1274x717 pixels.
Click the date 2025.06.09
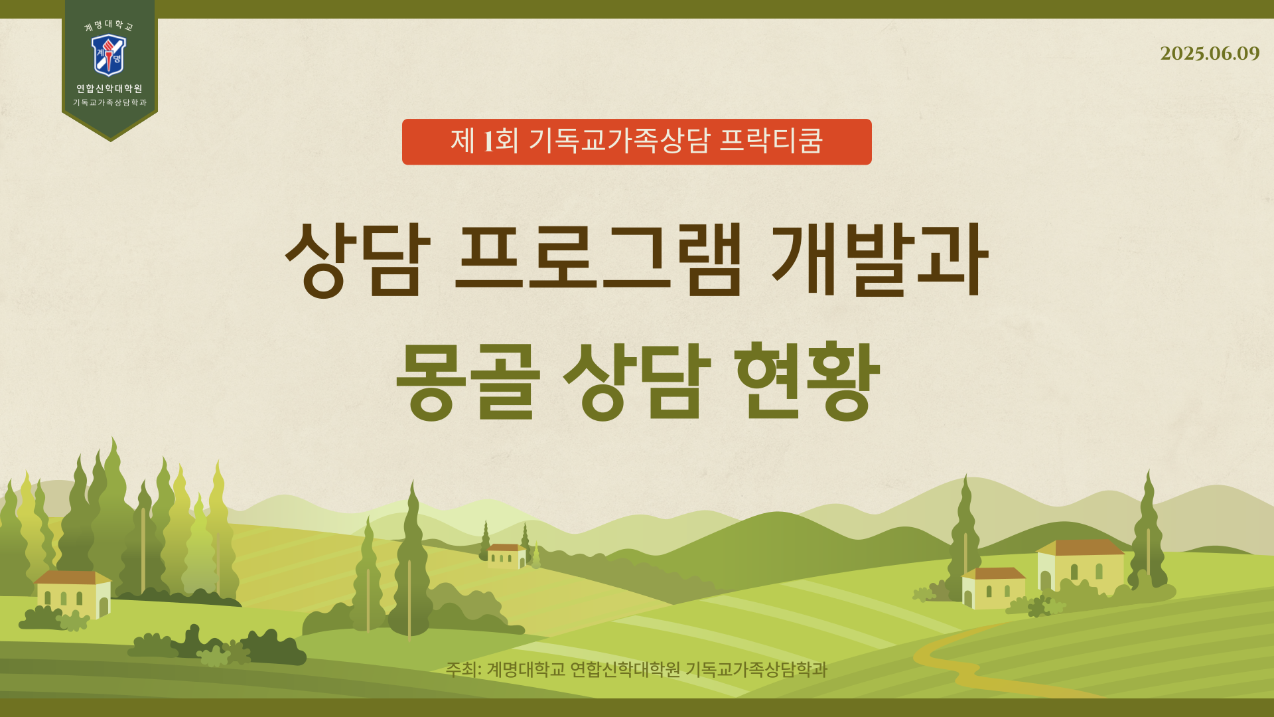tap(1209, 54)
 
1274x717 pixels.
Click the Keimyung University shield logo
tap(109, 55)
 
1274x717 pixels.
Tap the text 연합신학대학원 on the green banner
tap(109, 88)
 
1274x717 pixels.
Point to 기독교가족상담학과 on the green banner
tap(109, 103)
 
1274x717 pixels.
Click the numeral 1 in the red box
tap(488, 141)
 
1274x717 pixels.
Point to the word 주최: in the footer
tap(463, 669)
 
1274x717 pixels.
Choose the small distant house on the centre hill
tap(506, 556)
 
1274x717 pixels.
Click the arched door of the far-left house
tap(104, 607)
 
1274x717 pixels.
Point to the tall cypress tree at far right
tap(1149, 531)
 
